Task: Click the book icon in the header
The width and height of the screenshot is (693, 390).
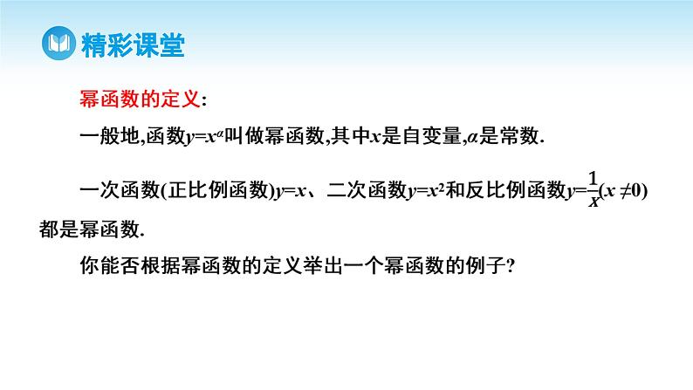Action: [x=58, y=42]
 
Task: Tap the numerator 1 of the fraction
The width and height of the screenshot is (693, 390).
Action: [x=594, y=179]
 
